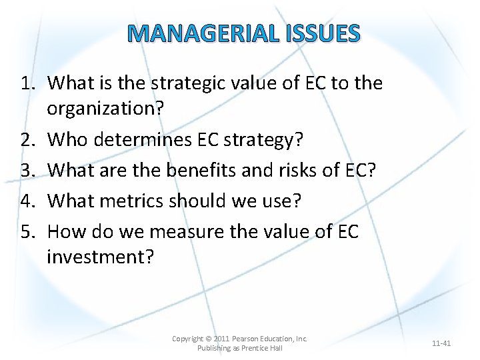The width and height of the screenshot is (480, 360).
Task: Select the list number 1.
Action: tap(26, 83)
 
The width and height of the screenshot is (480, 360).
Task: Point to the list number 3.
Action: tap(26, 170)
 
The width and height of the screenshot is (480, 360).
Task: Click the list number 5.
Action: tap(26, 231)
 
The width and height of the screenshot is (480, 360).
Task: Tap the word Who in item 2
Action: tap(68, 140)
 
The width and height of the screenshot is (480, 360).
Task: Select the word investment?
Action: tap(100, 257)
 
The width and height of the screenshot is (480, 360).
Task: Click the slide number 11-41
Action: tap(441, 343)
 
